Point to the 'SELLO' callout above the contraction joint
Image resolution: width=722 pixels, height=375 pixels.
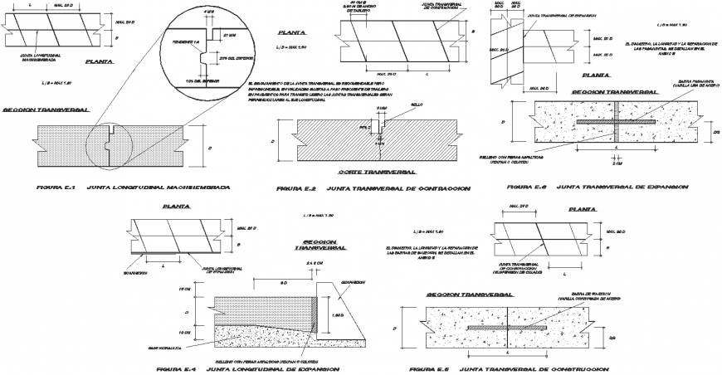pyautogui.click(x=417, y=105)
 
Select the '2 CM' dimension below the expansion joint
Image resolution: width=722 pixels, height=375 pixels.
pyautogui.click(x=617, y=163)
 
